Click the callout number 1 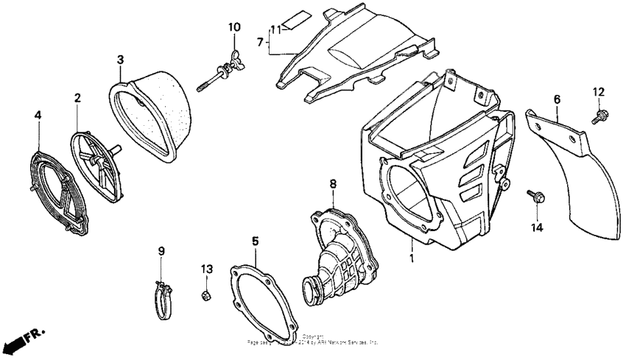click(412, 258)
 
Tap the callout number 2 click(78, 97)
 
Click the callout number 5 click(255, 241)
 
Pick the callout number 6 click(557, 99)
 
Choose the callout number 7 click(259, 43)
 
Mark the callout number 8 click(333, 183)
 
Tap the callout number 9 click(161, 252)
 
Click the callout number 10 click(233, 27)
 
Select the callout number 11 click(276, 29)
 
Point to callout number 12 click(598, 91)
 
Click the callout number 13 click(207, 268)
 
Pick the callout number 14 click(537, 228)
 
